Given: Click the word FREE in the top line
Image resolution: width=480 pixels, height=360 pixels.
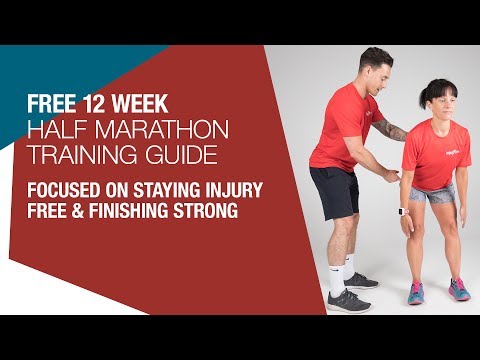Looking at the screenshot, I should tap(51, 102).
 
